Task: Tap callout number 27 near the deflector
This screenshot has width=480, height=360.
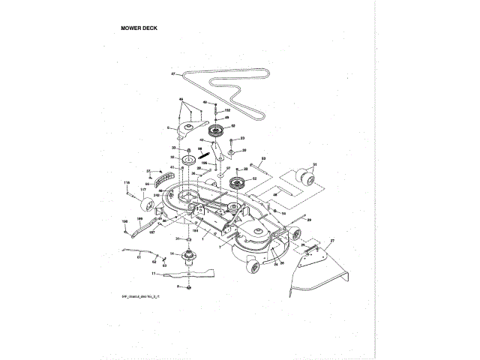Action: coord(333,239)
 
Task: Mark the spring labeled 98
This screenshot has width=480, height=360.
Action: coord(202,153)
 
